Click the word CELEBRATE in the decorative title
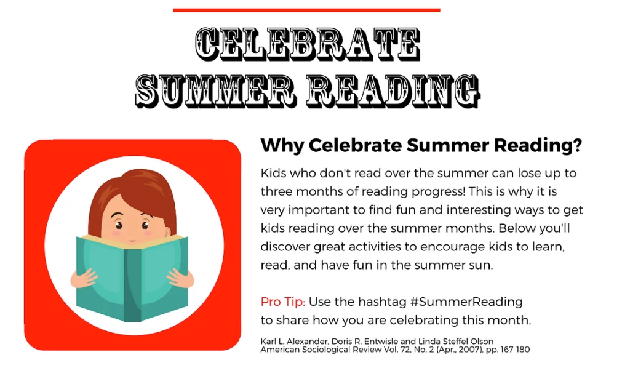click(x=308, y=44)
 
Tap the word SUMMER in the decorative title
click(x=216, y=91)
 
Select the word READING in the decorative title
click(x=393, y=91)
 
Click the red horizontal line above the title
click(x=306, y=10)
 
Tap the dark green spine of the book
click(x=132, y=285)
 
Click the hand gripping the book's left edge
click(x=84, y=279)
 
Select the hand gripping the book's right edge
click(x=181, y=278)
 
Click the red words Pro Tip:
click(x=283, y=302)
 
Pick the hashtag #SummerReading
click(x=466, y=302)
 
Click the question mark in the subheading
click(x=578, y=145)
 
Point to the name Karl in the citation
click(x=268, y=342)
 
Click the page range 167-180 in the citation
click(x=515, y=350)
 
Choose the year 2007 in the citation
click(x=468, y=350)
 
